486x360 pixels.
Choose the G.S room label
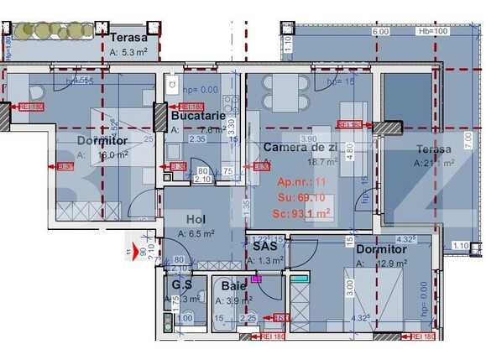[x=182, y=285]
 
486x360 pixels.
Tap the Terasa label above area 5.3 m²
[x=128, y=38]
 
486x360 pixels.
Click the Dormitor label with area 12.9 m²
[x=381, y=249]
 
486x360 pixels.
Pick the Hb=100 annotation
[x=432, y=32]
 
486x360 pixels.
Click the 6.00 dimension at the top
[x=380, y=32]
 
